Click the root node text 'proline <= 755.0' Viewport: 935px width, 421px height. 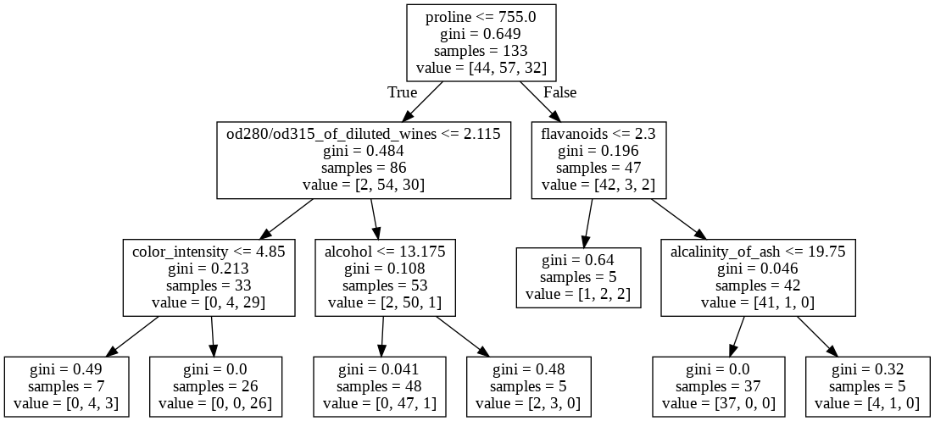(481, 17)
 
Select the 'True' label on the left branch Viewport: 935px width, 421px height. (403, 92)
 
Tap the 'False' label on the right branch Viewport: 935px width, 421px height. (559, 92)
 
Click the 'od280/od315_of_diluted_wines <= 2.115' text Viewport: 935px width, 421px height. (364, 134)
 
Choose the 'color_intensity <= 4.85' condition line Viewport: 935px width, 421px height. (209, 252)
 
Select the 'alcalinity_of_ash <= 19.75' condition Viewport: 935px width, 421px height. (758, 252)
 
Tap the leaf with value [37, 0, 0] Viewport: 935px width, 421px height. (718, 386)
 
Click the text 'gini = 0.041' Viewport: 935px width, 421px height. (380, 370)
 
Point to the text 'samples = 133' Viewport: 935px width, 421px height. (481, 50)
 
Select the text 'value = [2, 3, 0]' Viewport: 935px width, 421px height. (528, 403)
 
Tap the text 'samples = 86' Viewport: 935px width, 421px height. (364, 167)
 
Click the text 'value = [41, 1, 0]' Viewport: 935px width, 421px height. (758, 302)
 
